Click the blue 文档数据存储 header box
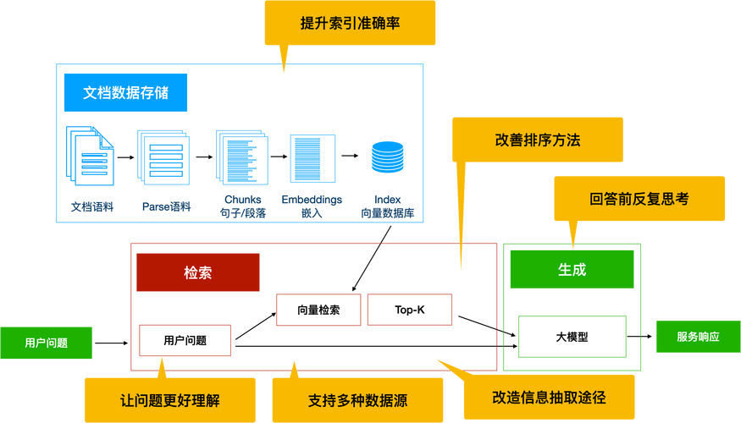pyautogui.click(x=125, y=92)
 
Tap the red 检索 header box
pyautogui.click(x=197, y=272)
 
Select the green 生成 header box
pyautogui.click(x=572, y=270)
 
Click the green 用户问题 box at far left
pyautogui.click(x=46, y=343)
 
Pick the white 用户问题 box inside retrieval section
pyautogui.click(x=185, y=340)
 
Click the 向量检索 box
pyautogui.click(x=318, y=310)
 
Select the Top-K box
pyautogui.click(x=409, y=310)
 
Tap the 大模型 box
pyautogui.click(x=572, y=336)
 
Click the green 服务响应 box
pyautogui.click(x=697, y=336)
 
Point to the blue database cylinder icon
pyautogui.click(x=388, y=157)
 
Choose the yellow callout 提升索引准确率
pyautogui.click(x=350, y=23)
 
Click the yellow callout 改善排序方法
pyautogui.click(x=537, y=140)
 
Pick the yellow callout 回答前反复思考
pyautogui.click(x=639, y=198)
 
